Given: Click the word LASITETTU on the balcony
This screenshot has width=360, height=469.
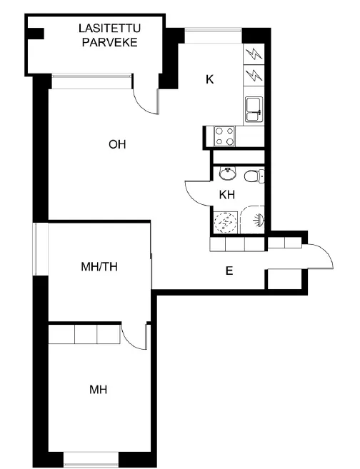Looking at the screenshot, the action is (x=109, y=29).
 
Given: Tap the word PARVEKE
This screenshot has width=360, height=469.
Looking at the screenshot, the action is (x=109, y=42).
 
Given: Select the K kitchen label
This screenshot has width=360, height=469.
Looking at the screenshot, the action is (x=210, y=79).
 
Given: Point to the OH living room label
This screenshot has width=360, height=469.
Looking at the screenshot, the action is (x=117, y=144).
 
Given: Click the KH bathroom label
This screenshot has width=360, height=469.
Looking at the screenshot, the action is (x=227, y=195).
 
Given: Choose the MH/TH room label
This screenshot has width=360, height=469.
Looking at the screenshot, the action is (x=99, y=266).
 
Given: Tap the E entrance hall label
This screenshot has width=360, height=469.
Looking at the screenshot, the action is (x=229, y=271).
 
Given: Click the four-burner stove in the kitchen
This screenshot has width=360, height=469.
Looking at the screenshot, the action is (x=224, y=136).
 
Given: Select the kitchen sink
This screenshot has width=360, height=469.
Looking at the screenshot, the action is (x=254, y=109).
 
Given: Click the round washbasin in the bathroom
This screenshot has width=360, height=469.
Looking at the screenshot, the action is (x=228, y=173).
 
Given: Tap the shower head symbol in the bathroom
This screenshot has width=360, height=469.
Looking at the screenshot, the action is (x=259, y=220).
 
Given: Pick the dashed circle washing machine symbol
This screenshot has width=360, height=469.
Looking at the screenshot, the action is (x=225, y=223).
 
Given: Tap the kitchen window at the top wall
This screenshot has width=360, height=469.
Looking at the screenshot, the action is (x=213, y=35).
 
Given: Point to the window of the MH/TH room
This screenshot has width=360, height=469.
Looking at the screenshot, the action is (x=41, y=249).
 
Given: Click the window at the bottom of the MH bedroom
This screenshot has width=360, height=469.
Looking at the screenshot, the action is (x=91, y=460).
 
